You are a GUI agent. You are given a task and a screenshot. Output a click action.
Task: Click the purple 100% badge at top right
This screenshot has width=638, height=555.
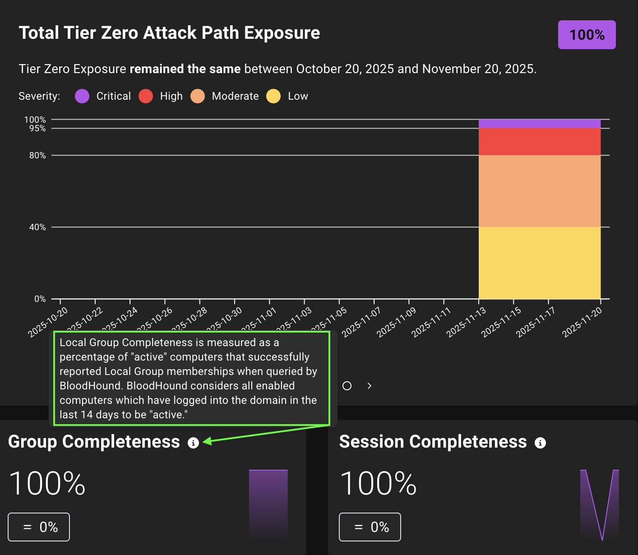tap(587, 35)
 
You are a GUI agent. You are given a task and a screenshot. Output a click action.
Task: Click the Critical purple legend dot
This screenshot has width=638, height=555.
tap(82, 96)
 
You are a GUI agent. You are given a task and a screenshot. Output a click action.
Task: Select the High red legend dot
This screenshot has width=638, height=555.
tap(146, 96)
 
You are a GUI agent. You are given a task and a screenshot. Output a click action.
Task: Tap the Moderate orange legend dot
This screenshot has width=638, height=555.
tap(198, 96)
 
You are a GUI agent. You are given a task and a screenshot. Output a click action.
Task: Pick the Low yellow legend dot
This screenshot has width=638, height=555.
tap(273, 96)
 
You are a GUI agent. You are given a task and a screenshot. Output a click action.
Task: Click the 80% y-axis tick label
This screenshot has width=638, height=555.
tap(37, 155)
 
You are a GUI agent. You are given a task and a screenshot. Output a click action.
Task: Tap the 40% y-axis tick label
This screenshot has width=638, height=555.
tap(37, 227)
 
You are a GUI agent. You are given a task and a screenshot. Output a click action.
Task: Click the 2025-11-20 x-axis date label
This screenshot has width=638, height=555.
tap(582, 322)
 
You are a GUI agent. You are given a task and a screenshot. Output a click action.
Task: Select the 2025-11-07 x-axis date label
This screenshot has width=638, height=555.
tap(361, 322)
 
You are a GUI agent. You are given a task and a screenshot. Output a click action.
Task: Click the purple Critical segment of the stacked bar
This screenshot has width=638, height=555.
tap(539, 124)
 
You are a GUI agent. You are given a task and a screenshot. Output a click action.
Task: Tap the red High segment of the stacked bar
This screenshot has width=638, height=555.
tap(539, 142)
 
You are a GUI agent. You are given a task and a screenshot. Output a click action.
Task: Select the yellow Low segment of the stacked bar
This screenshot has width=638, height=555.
tap(539, 263)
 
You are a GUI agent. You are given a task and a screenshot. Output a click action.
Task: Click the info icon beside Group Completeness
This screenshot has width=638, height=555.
tap(193, 443)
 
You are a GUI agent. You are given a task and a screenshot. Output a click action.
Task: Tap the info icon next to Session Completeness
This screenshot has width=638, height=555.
tap(540, 443)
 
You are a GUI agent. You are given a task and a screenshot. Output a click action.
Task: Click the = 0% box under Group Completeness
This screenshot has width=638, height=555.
tap(39, 527)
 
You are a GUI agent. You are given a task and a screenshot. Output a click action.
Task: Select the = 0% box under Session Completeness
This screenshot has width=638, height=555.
tap(370, 527)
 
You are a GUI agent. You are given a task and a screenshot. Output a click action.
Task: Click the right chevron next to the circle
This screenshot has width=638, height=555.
tap(370, 386)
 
